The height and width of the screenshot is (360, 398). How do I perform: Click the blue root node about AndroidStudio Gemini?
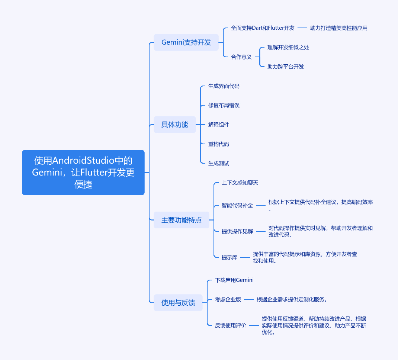tap(83, 173)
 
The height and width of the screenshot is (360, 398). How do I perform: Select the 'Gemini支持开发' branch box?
tap(186, 42)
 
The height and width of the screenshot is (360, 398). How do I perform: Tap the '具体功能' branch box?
tap(174, 125)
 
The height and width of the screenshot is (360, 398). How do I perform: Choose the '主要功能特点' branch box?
tap(182, 220)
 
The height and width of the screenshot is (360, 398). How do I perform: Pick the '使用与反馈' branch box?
tap(178, 303)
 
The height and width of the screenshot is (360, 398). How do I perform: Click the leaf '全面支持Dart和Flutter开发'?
tap(263, 28)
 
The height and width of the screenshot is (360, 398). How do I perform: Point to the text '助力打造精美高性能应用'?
tap(339, 28)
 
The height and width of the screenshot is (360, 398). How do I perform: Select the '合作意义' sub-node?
tap(241, 57)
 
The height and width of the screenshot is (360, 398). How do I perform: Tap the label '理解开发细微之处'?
tap(288, 48)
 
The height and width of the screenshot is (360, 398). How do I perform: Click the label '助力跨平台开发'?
tap(286, 67)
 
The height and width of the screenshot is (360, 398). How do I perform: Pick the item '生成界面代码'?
tap(224, 86)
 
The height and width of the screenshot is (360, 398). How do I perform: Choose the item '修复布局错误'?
tap(224, 105)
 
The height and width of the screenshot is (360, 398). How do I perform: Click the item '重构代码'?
tap(219, 144)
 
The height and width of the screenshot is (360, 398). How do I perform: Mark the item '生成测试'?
tap(219, 163)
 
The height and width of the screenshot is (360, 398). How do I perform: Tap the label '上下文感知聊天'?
tap(240, 183)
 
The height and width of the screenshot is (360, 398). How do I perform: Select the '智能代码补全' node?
tap(237, 205)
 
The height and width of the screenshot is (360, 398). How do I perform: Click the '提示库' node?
tap(230, 257)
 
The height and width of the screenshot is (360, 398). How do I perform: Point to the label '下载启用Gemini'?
tap(234, 280)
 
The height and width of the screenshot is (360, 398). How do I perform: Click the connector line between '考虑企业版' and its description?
tap(249, 300)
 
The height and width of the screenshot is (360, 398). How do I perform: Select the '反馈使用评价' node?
tap(231, 325)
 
